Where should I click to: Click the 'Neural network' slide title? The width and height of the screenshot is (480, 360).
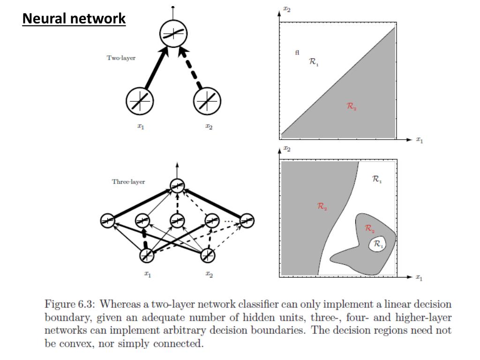pos(75,19)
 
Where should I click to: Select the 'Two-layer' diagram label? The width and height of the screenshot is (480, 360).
pos(121,58)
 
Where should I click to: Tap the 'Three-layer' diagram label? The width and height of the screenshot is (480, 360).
pos(128,182)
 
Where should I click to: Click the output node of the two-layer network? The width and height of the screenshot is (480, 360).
pos(173,34)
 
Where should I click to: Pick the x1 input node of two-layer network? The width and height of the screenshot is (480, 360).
pos(140,101)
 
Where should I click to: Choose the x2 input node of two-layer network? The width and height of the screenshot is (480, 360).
pos(207,101)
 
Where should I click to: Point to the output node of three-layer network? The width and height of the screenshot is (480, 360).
pos(177,186)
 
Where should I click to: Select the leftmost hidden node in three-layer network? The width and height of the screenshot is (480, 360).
pos(107,220)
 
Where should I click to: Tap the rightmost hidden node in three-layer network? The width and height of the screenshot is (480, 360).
pos(247,220)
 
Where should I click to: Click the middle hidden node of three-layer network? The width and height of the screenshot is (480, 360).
pos(177,220)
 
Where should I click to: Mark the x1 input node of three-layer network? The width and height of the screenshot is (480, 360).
pos(147,255)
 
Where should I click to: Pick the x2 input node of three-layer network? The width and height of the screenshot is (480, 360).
pos(208,255)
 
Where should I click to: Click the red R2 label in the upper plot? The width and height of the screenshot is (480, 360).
pos(352,107)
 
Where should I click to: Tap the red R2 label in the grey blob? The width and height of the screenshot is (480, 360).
pos(370,229)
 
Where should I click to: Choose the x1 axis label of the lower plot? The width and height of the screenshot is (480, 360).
pos(419,278)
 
